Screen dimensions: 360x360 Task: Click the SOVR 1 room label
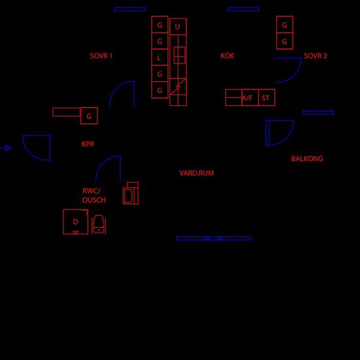click(101, 56)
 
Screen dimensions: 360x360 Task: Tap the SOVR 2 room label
click(315, 56)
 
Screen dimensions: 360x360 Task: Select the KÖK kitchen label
click(227, 56)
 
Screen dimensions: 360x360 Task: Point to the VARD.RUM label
click(196, 173)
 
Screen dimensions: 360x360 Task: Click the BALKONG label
click(307, 158)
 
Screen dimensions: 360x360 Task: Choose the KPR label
click(88, 144)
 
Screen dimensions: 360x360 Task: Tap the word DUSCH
click(94, 200)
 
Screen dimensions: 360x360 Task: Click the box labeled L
click(160, 57)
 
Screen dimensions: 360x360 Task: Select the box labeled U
click(178, 27)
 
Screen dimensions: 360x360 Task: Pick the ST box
click(266, 98)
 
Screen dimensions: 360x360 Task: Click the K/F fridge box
click(250, 98)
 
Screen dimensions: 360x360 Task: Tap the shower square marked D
click(75, 222)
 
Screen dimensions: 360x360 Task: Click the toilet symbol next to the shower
click(99, 225)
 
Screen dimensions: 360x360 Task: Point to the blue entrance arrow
click(5, 148)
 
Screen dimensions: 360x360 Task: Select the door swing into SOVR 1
click(114, 88)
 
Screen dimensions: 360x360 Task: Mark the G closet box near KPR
click(89, 116)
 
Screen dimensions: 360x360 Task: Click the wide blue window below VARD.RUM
click(213, 238)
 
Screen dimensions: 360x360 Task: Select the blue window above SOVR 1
click(130, 9)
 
